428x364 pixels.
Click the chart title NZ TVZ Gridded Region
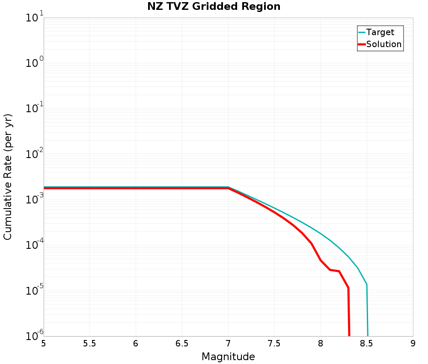click(x=214, y=7)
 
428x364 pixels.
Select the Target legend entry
click(x=380, y=32)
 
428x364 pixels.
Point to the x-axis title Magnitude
click(x=228, y=357)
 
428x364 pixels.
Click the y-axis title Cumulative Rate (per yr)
click(x=8, y=177)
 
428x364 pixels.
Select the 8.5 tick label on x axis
click(x=366, y=343)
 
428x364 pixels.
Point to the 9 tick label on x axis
click(x=413, y=343)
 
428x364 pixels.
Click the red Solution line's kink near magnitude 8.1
click(x=330, y=269)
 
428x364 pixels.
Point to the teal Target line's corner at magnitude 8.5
click(x=367, y=284)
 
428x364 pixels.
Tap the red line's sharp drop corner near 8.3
click(x=348, y=288)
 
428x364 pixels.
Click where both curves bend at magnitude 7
click(x=228, y=188)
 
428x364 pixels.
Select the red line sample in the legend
click(x=362, y=44)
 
